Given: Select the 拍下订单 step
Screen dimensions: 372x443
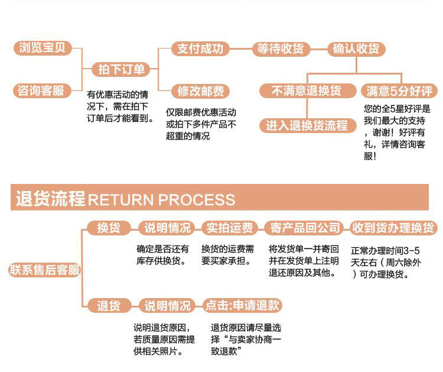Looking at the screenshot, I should coord(121,70).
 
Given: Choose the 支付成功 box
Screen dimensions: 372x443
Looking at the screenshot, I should coord(201,48).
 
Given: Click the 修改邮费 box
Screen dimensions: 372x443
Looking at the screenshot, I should coord(201,92).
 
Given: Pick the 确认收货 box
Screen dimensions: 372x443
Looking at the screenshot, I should coord(356,48).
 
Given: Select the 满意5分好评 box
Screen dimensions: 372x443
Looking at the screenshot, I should coord(399,91).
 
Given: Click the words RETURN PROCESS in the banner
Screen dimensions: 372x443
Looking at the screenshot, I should coord(161,199).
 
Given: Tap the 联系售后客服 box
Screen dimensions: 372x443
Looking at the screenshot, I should coord(44,270).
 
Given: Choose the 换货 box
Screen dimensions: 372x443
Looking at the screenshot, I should coord(108,228).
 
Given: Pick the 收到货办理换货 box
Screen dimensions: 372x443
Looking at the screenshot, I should coord(393,228).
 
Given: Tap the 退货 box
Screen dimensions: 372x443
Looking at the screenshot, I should coord(108,306).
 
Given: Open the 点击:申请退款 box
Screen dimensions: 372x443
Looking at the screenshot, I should coord(242,306).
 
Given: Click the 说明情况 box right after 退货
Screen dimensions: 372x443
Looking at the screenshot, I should coord(168,306).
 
